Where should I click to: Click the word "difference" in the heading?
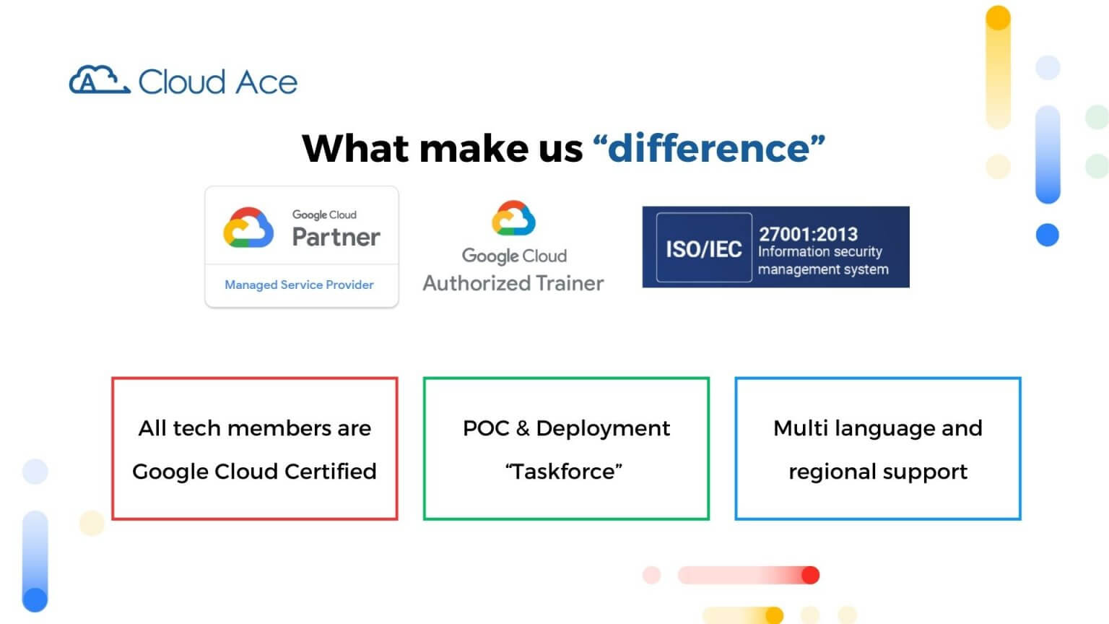pyautogui.click(x=709, y=148)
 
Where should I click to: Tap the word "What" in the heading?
pyautogui.click(x=354, y=148)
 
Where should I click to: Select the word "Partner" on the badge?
pyautogui.click(x=336, y=237)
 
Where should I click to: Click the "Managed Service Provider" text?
pyautogui.click(x=299, y=285)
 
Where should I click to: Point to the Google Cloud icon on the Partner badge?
pyautogui.click(x=248, y=227)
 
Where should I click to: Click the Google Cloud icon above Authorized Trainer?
pyautogui.click(x=513, y=218)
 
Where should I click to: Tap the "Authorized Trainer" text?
pyautogui.click(x=513, y=283)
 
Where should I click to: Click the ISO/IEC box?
pyautogui.click(x=703, y=248)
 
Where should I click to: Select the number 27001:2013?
pyautogui.click(x=808, y=234)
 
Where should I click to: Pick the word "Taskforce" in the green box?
pyautogui.click(x=564, y=472)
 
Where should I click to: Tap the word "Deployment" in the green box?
pyautogui.click(x=603, y=428)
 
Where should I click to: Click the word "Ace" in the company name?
pyautogui.click(x=266, y=82)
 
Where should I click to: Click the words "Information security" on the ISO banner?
pyautogui.click(x=819, y=251)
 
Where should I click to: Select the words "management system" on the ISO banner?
pyautogui.click(x=823, y=269)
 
